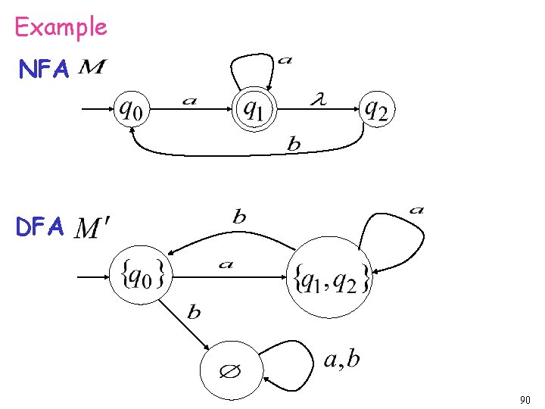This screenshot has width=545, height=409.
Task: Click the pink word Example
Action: [x=61, y=28]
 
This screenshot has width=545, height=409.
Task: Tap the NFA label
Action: [x=45, y=70]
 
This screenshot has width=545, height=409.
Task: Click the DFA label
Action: [x=42, y=226]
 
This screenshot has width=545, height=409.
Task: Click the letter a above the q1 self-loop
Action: [x=285, y=60]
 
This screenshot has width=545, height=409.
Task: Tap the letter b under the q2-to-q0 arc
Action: [x=294, y=144]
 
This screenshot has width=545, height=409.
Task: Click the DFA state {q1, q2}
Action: [x=331, y=278]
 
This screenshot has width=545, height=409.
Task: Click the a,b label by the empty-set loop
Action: [x=341, y=358]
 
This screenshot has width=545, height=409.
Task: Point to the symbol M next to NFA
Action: [x=92, y=70]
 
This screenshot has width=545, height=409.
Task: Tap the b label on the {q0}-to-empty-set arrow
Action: [x=194, y=311]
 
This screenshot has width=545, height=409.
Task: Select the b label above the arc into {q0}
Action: [x=239, y=217]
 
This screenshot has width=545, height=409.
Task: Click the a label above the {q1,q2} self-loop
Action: [x=416, y=209]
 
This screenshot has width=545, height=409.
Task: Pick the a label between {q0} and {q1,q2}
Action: [x=226, y=264]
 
